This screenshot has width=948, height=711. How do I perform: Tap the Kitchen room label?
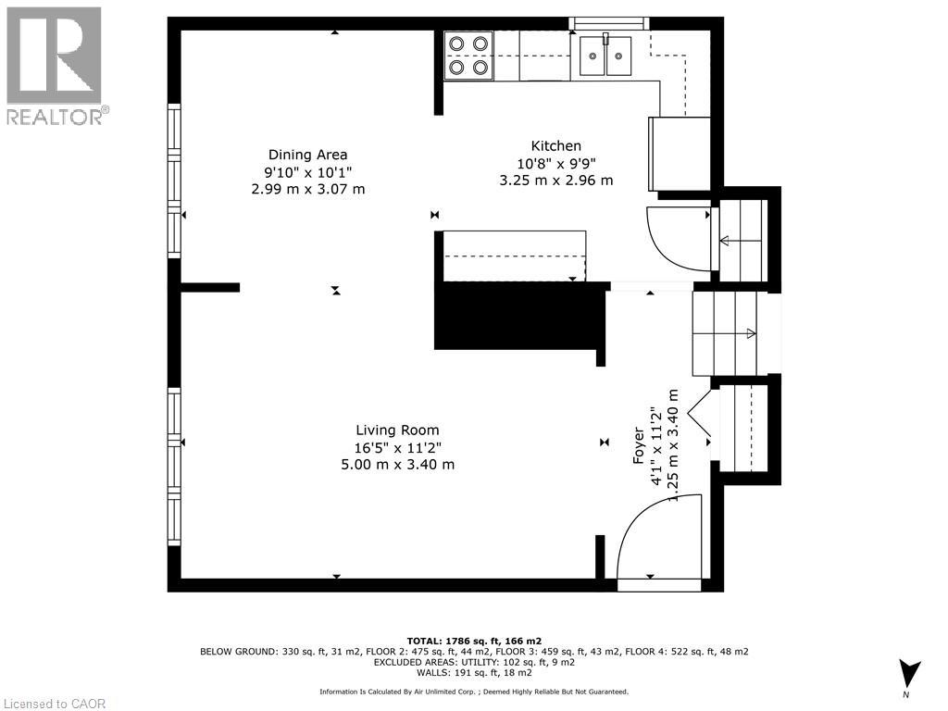[x=555, y=145]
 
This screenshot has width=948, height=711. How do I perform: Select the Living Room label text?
[x=397, y=430]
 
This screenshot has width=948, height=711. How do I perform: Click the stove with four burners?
[x=468, y=55]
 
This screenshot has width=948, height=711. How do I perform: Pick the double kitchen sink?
[x=605, y=55]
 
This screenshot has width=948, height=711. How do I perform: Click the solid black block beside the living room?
[x=518, y=317]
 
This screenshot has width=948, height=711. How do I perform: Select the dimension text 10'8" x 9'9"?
[x=555, y=164]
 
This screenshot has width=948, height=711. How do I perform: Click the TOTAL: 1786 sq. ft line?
[x=474, y=641]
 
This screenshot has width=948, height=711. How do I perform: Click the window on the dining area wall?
[x=173, y=181]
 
